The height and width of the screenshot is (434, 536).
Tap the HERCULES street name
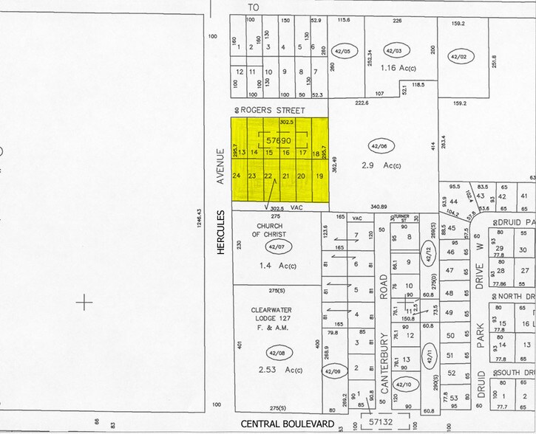pyautogui.click(x=220, y=232)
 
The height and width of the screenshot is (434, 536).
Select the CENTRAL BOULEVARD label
pyautogui.click(x=288, y=424)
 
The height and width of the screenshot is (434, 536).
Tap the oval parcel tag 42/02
pyautogui.click(x=459, y=55)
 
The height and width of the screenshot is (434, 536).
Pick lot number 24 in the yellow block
pyautogui.click(x=237, y=176)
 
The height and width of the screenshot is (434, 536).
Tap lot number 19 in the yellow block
pyautogui.click(x=319, y=176)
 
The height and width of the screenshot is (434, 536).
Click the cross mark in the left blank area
pyautogui.click(x=86, y=302)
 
